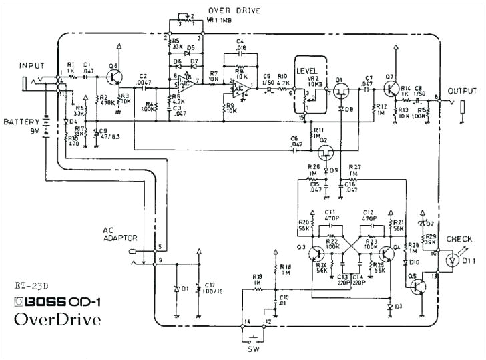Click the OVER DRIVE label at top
tap(234, 11)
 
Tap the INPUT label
tap(31, 66)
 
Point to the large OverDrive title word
tap(57, 319)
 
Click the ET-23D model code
tap(31, 285)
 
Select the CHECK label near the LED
tap(459, 240)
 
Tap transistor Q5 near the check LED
tap(418, 285)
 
